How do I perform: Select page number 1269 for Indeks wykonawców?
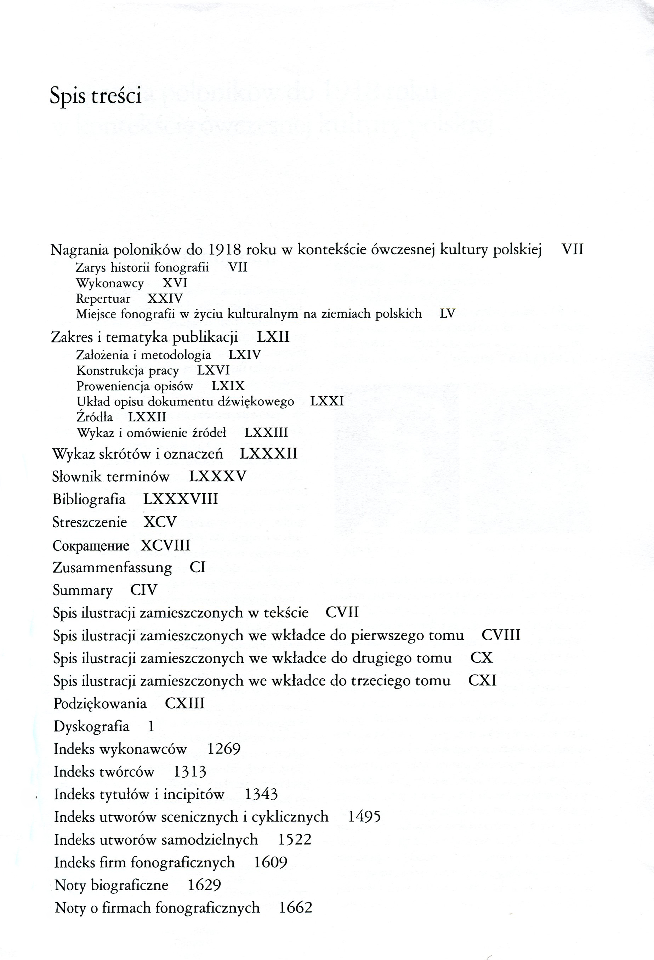pos(223,749)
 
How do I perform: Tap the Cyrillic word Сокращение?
pos(91,546)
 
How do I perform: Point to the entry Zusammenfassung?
pos(112,568)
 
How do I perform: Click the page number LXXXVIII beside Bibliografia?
pos(181,499)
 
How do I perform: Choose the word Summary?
pos(83,590)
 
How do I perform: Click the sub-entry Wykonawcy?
pos(110,283)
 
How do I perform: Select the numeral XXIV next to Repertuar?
pos(165,299)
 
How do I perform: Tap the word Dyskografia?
pos(91,726)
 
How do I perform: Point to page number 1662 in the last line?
pos(295,908)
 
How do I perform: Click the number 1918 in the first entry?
pos(223,250)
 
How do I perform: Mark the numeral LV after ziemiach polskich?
pos(448,314)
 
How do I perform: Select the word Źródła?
pos(94,417)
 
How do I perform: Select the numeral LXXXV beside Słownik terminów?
pos(218,476)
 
